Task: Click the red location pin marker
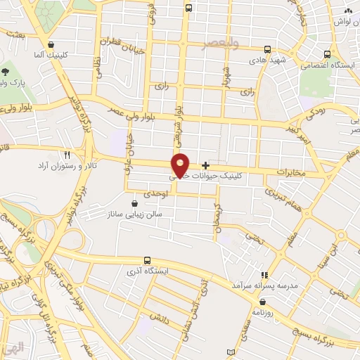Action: click(181, 165)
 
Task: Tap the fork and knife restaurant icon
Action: click(67, 154)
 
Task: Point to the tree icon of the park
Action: click(6, 71)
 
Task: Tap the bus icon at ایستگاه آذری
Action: click(147, 260)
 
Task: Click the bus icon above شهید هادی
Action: click(267, 49)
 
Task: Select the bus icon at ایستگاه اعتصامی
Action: click(327, 53)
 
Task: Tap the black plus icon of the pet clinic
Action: click(205, 165)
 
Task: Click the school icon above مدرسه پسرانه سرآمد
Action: click(265, 275)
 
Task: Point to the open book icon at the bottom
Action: click(224, 351)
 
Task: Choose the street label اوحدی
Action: click(156, 193)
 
